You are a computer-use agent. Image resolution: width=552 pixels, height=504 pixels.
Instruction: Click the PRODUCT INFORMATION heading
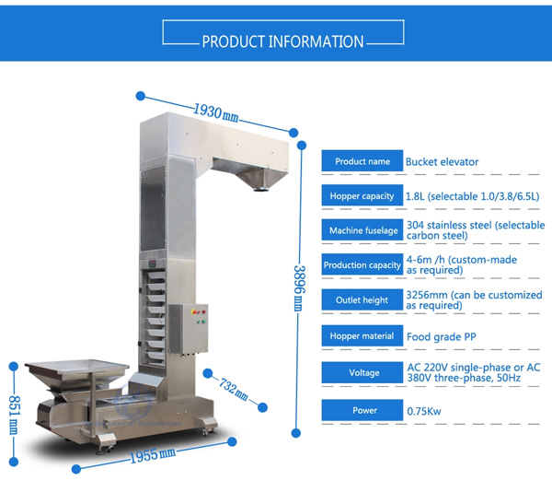(282, 41)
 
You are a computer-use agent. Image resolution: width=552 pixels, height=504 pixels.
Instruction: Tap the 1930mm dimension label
(216, 112)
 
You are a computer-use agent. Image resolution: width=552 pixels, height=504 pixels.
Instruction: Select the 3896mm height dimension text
(299, 288)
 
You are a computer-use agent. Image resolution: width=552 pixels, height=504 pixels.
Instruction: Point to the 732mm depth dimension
(234, 389)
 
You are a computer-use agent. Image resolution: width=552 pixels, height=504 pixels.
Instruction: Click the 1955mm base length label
(153, 455)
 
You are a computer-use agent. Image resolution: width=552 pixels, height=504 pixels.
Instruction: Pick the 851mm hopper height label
(14, 415)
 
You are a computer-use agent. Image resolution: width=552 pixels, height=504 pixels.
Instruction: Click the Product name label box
(362, 161)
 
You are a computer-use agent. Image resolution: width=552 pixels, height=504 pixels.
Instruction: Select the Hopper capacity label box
(362, 195)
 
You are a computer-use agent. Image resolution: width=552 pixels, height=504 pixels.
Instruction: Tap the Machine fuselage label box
(362, 230)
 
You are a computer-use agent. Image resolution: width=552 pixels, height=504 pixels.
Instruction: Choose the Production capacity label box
(362, 264)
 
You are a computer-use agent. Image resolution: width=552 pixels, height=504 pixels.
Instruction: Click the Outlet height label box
(362, 299)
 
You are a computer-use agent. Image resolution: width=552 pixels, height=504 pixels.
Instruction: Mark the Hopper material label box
(362, 335)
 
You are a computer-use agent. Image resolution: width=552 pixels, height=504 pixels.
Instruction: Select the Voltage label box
(362, 372)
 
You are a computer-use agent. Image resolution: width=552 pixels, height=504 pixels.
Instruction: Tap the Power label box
(362, 410)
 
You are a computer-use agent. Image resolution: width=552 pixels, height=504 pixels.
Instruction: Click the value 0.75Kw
(424, 411)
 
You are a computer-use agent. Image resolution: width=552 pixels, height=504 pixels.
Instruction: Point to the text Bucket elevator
(442, 162)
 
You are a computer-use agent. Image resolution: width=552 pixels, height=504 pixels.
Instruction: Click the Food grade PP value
(441, 337)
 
